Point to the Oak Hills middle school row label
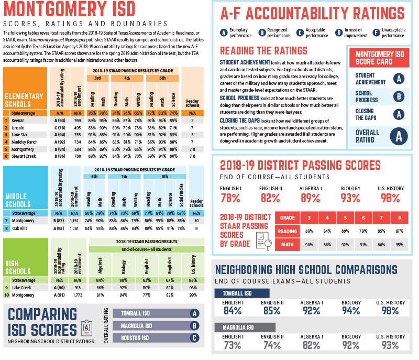click(21, 228)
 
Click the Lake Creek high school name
click(23, 288)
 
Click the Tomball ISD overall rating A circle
click(195, 314)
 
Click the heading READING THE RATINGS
click(263, 51)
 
